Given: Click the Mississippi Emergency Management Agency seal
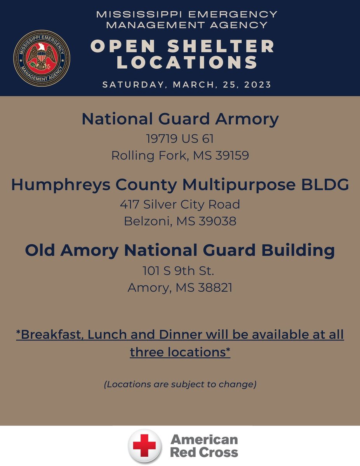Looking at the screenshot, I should click(x=42, y=58).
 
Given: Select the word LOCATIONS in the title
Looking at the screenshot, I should click(x=188, y=63).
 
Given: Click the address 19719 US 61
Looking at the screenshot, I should click(x=180, y=139).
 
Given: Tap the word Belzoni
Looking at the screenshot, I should click(x=148, y=221).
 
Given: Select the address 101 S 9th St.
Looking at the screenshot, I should click(x=180, y=270).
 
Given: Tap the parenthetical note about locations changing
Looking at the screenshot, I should click(x=180, y=385).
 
